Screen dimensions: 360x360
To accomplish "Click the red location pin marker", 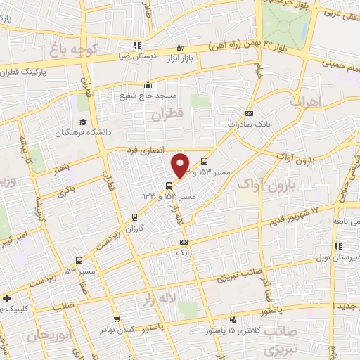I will point(181,165).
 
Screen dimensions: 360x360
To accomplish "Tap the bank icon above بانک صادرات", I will point(249,113).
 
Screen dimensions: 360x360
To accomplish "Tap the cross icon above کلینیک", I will point(7,297).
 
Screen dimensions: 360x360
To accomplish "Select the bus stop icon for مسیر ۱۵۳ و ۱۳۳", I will point(169,186).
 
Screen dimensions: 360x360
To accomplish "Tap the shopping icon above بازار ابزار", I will point(180,48).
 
